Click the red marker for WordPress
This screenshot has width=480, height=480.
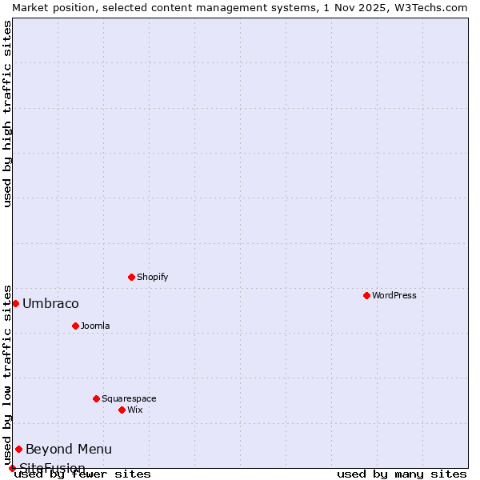(x=366, y=295)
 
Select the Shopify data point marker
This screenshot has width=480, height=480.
(x=131, y=277)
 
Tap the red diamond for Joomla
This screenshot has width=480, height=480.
(x=75, y=326)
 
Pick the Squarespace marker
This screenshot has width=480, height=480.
(x=96, y=398)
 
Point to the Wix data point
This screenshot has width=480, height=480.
(x=122, y=410)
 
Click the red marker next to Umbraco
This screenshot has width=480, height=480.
(x=15, y=303)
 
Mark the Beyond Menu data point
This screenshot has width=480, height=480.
(x=18, y=449)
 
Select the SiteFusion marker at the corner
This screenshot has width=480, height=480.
(x=12, y=468)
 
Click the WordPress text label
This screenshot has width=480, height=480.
(x=394, y=295)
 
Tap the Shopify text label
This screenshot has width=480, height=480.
(x=153, y=277)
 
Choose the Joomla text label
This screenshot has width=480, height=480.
(x=95, y=326)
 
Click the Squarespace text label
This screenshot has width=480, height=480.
(x=129, y=398)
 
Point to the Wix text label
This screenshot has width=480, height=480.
(x=135, y=410)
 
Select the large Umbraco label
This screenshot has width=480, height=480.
(x=50, y=303)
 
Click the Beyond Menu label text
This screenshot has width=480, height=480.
(x=69, y=449)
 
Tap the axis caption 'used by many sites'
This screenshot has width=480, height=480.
(x=402, y=474)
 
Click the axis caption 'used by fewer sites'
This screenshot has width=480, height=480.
(x=83, y=474)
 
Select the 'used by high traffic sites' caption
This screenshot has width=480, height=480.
(x=7, y=114)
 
